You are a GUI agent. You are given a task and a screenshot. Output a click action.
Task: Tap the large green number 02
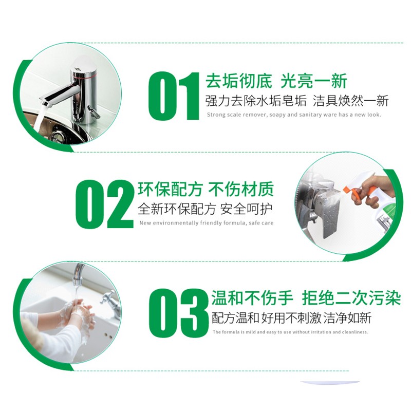click(x=105, y=204)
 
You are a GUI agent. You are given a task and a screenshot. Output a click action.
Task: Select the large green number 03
click(x=178, y=313)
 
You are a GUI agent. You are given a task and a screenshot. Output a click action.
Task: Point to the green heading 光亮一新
click(x=313, y=81)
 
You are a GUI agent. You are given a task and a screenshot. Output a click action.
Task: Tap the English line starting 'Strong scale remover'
click(x=294, y=115)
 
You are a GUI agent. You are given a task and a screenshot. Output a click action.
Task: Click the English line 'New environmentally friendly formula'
click(x=206, y=223)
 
